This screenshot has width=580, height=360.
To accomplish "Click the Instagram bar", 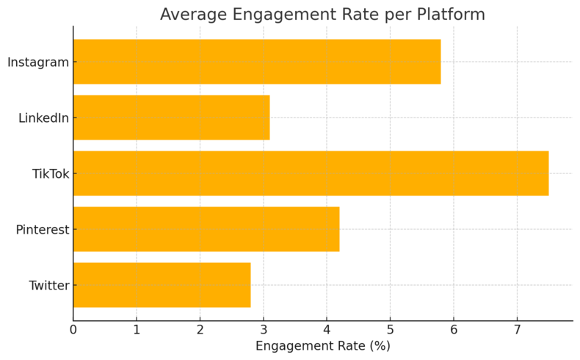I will tap(257, 62).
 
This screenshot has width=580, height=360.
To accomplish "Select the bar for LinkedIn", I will tap(171, 118).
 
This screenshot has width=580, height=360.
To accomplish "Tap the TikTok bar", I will tap(311, 173).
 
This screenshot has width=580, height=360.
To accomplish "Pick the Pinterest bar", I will tap(206, 229).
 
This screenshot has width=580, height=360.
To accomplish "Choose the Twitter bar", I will tap(162, 285).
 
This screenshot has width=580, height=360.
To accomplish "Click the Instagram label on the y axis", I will tap(38, 62).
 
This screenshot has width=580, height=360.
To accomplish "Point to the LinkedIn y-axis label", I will tap(43, 118).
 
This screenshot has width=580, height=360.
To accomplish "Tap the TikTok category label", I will tap(50, 173).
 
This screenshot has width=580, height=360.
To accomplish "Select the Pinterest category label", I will tap(43, 229).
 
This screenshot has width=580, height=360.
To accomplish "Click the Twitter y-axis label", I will tap(48, 285).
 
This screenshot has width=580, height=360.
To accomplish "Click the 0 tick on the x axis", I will tap(73, 329).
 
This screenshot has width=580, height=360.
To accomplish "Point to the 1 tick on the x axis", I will tap(137, 329).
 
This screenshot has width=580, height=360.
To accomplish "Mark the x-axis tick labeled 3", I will tap(264, 329).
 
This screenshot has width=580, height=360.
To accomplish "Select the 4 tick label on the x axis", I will tap(327, 329).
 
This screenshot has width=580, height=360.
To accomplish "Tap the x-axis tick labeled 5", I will tap(390, 329).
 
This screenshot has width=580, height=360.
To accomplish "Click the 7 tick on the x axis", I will tap(517, 329).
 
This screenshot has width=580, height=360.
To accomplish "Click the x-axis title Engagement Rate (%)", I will tap(323, 346).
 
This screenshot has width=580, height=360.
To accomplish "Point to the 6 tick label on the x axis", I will tap(454, 329).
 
